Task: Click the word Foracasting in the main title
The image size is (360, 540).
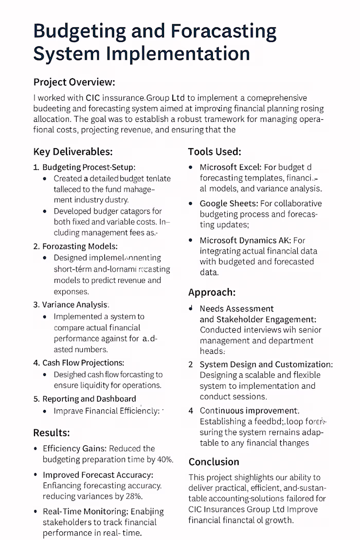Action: click(223, 32)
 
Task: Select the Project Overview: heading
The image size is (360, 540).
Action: click(74, 82)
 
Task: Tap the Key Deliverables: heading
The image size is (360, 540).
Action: click(73, 152)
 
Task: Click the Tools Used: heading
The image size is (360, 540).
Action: click(214, 152)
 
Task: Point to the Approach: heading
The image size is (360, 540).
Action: click(212, 292)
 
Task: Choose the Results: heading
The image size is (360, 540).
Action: click(51, 432)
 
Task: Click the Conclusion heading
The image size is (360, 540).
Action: click(214, 461)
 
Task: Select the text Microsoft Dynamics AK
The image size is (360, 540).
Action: click(246, 240)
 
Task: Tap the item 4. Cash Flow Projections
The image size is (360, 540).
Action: click(79, 363)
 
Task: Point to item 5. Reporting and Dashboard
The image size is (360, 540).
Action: click(85, 399)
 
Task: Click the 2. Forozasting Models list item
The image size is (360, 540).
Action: click(75, 246)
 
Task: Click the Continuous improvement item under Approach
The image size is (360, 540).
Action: click(249, 410)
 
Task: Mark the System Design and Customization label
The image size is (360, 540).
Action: click(265, 364)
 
